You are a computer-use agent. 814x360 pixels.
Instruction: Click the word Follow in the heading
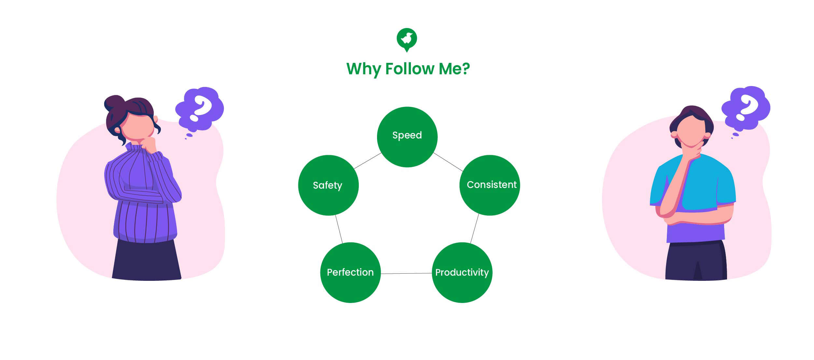tap(410, 69)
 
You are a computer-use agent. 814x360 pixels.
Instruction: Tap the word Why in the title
tap(363, 69)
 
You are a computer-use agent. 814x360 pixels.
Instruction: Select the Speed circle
tap(407, 137)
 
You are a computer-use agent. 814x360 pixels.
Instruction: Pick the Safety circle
tap(328, 185)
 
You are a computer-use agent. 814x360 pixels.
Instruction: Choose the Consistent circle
tap(489, 185)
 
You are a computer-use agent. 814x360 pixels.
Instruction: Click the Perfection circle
tap(350, 272)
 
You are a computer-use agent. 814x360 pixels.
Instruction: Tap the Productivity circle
tap(462, 272)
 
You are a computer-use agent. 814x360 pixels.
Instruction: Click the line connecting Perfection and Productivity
tap(406, 273)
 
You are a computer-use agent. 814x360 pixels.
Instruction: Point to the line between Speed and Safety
tap(368, 161)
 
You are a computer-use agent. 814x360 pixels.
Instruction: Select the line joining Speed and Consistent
tap(448, 162)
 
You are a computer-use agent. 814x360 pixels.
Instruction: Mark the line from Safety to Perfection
tap(339, 229)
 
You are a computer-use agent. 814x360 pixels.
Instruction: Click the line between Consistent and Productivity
tap(475, 229)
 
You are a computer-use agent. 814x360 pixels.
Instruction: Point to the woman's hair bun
tap(114, 103)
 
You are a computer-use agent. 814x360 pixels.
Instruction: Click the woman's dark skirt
tap(147, 261)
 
